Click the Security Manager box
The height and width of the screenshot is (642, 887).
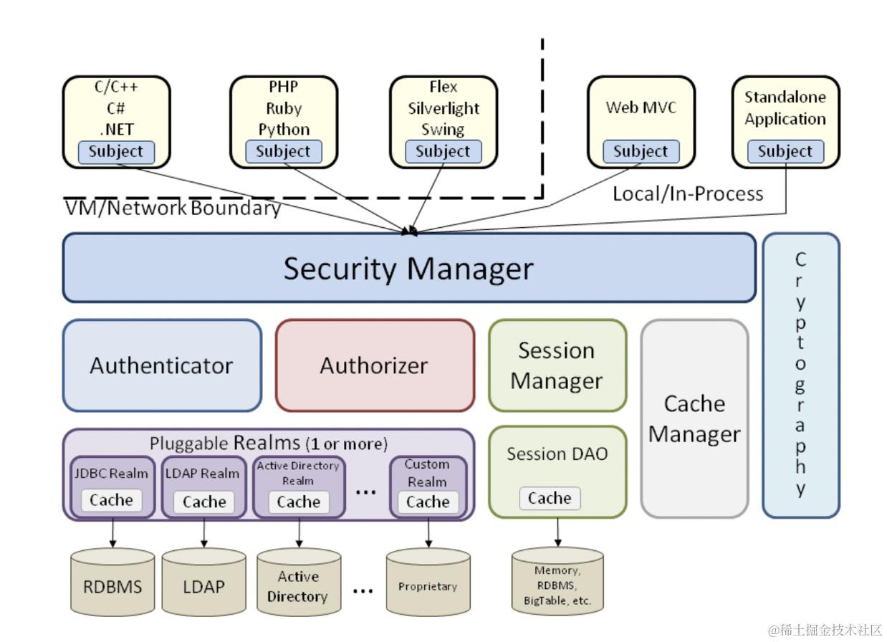[409, 268]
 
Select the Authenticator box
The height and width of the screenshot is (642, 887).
[162, 365]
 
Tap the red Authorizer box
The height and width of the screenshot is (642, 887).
[375, 365]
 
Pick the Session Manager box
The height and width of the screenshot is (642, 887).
[557, 365]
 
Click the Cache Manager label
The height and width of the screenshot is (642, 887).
[694, 419]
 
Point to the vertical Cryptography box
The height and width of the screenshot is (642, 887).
[801, 375]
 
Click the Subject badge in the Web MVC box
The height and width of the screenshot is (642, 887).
[641, 151]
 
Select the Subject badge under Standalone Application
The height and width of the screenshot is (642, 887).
[785, 151]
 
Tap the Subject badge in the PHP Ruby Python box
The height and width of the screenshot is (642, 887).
[284, 151]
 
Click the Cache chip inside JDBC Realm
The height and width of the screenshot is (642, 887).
[111, 500]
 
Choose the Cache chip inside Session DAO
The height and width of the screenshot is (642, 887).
[550, 498]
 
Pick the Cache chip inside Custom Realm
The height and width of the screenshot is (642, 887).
[428, 502]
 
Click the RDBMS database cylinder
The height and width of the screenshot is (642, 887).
[112, 582]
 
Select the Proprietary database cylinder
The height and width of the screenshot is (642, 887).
[428, 582]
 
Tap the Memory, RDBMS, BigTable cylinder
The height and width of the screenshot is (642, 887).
[557, 580]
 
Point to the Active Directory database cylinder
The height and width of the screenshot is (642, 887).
[299, 582]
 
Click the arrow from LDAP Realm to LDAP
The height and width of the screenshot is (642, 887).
[204, 533]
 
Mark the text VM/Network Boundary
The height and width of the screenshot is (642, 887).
[173, 208]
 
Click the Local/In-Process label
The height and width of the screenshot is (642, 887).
[688, 194]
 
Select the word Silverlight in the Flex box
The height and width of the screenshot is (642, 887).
[443, 108]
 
